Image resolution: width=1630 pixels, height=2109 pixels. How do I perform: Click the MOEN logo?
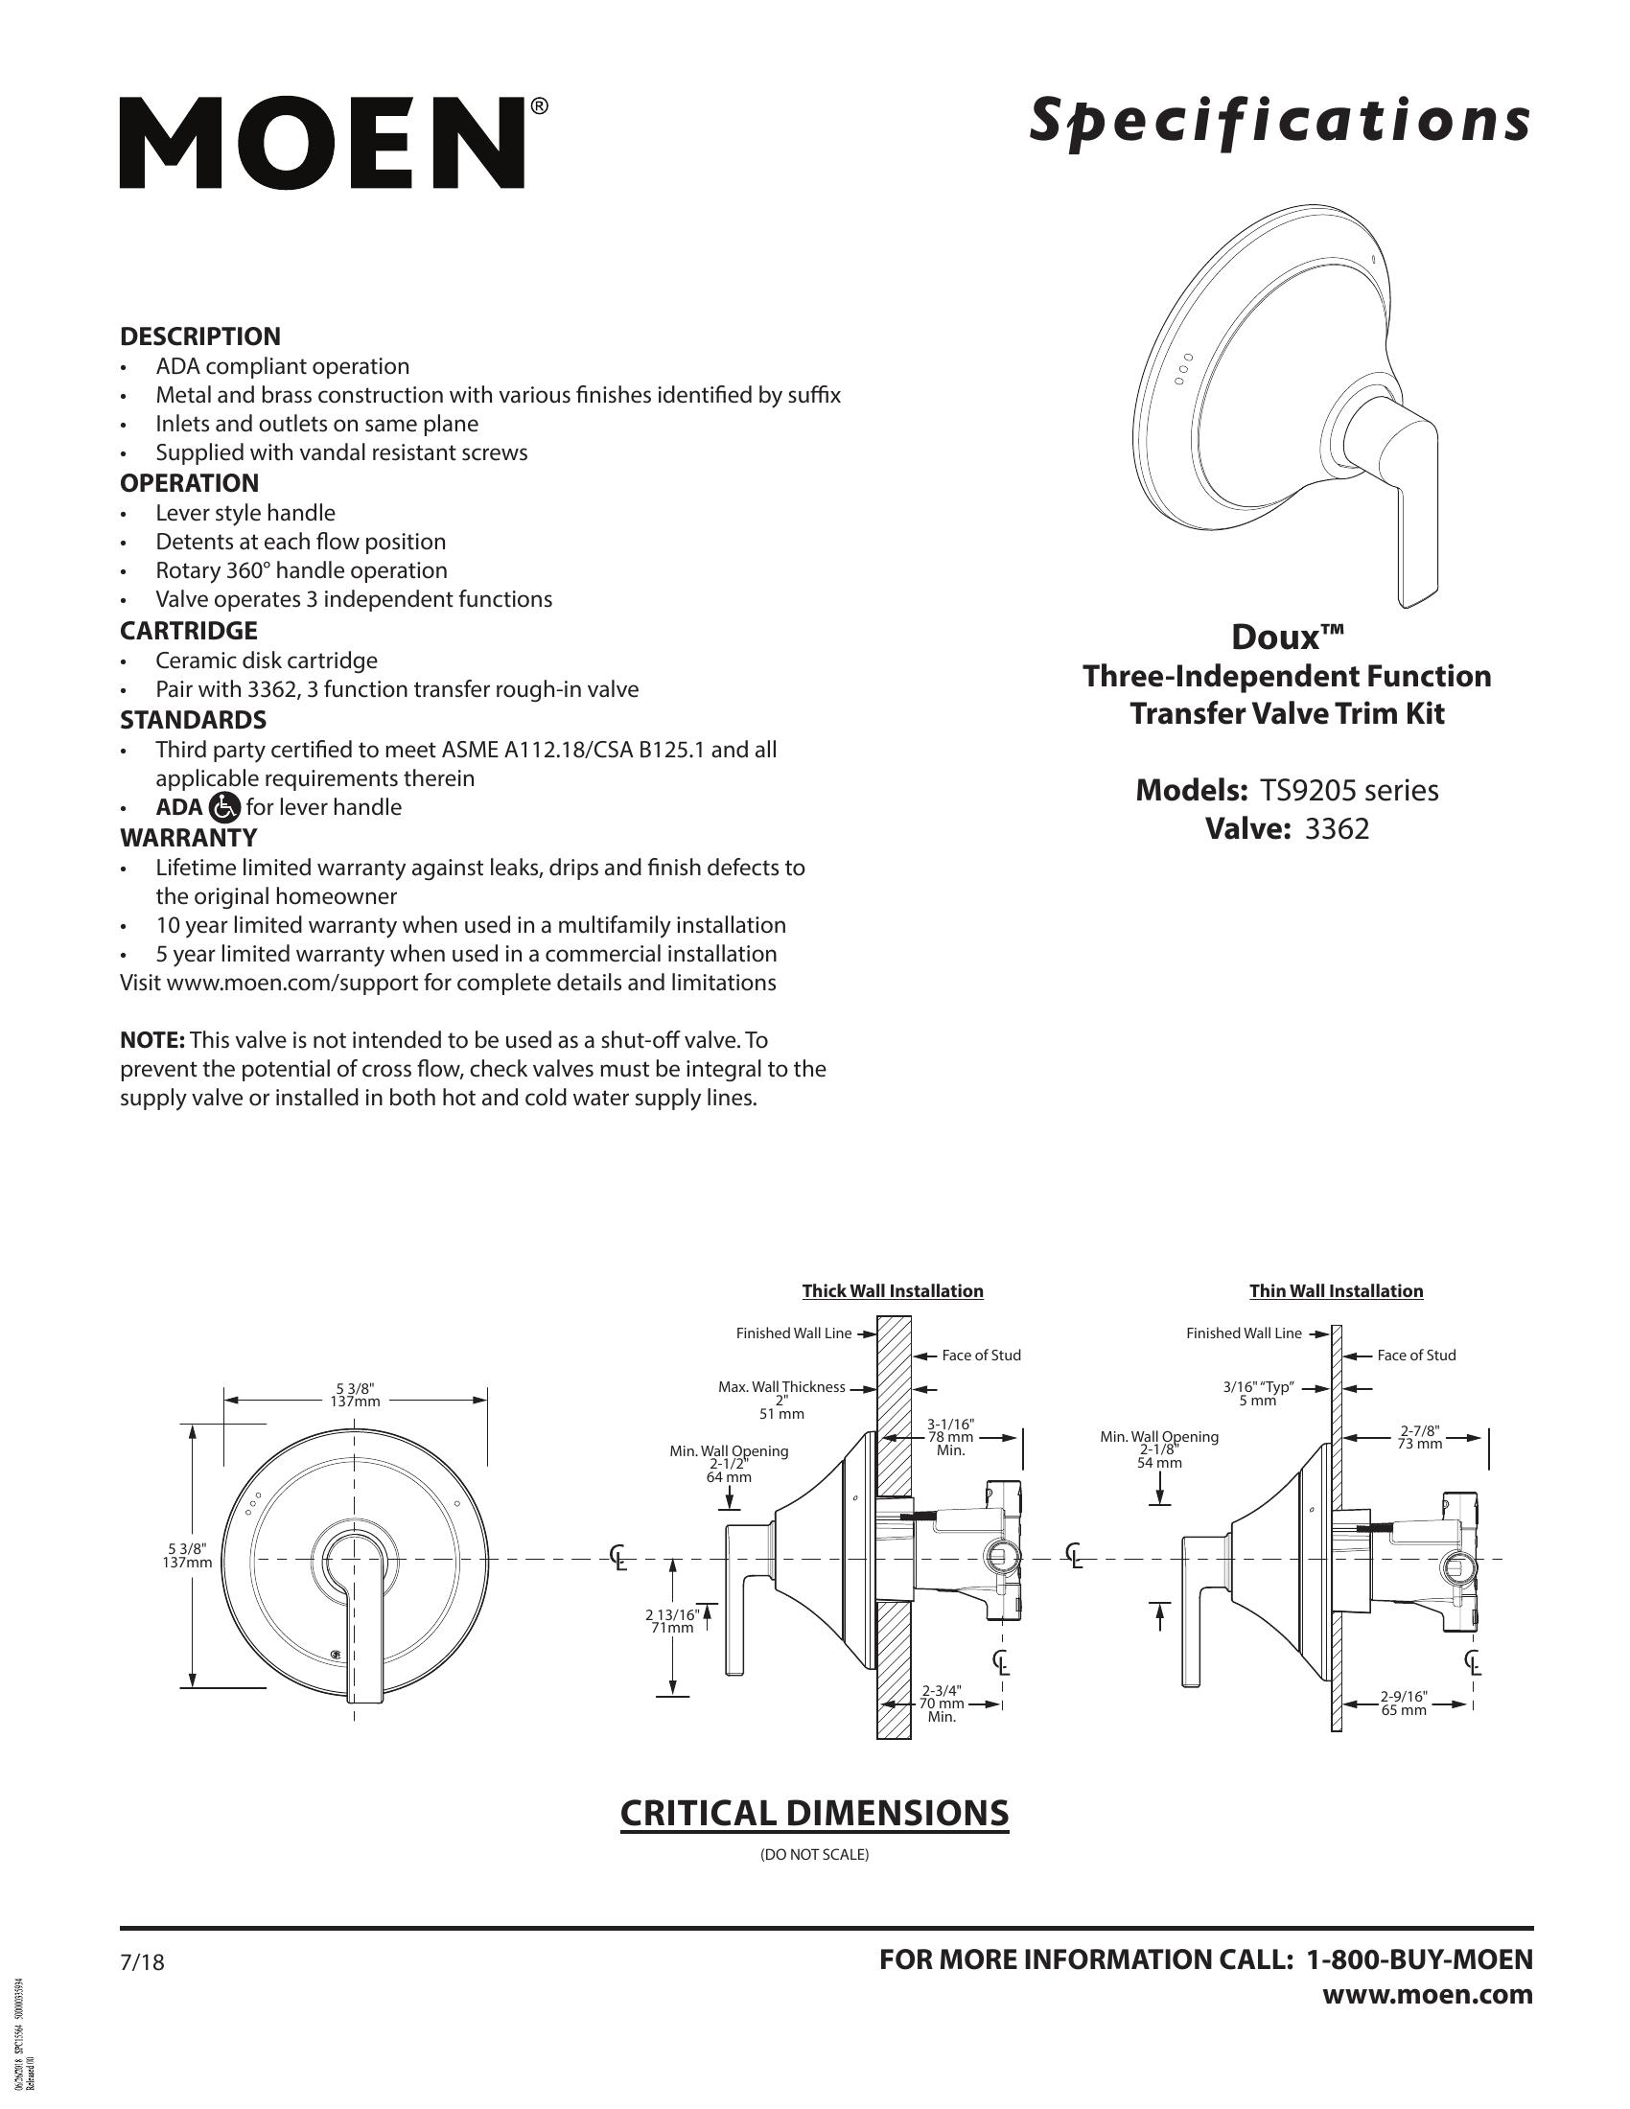tap(323, 142)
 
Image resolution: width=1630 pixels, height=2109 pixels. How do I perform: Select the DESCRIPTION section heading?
tap(199, 337)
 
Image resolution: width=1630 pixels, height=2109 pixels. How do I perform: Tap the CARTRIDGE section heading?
tap(188, 631)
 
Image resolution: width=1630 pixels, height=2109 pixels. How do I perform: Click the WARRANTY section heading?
tap(188, 837)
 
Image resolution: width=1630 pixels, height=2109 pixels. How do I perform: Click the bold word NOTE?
tap(152, 1040)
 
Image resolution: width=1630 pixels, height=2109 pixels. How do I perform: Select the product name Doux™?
tap(1286, 637)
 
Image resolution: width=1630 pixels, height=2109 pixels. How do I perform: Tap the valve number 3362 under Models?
tap(1337, 828)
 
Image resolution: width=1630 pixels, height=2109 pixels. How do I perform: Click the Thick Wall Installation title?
tap(893, 1291)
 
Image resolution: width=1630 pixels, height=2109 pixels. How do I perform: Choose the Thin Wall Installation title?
tap(1336, 1291)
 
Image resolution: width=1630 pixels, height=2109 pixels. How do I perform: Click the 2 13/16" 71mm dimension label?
tap(671, 1621)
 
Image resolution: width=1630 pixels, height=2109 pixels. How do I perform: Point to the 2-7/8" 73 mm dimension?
tap(1420, 1437)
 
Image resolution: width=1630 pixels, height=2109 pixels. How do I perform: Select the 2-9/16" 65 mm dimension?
tap(1403, 1703)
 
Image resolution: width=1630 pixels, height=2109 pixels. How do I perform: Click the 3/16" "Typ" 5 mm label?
tap(1257, 1394)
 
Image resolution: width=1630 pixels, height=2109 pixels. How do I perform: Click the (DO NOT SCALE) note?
tap(815, 1855)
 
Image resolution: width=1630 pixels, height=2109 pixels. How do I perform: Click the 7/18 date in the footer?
tap(142, 1963)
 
